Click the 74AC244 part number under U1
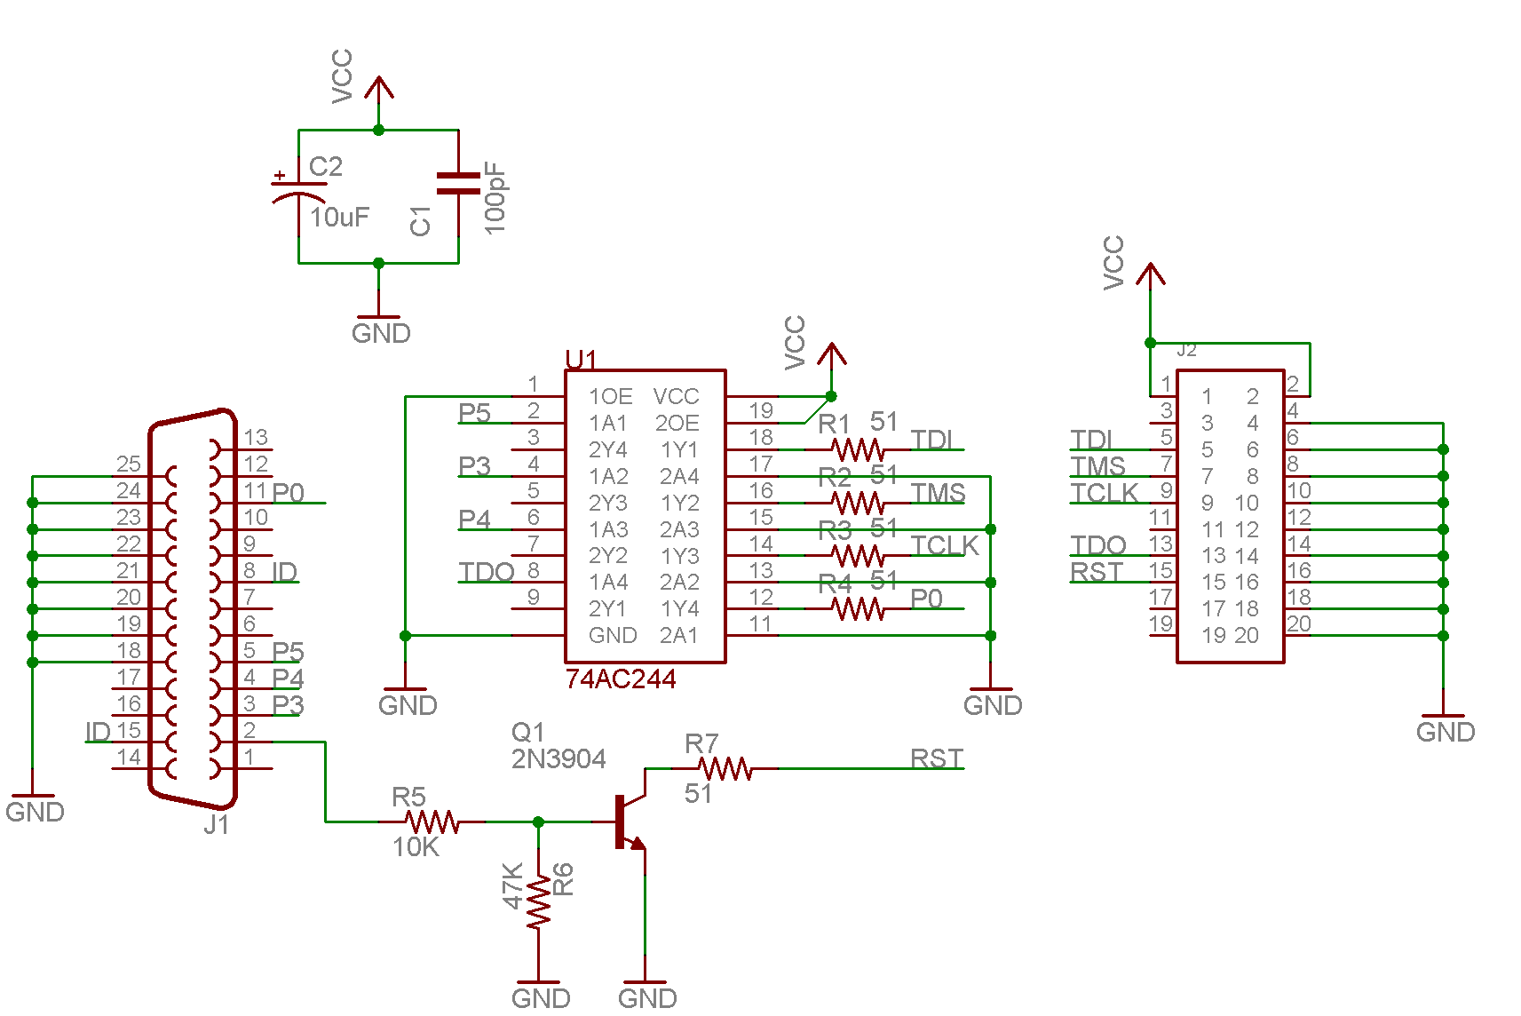point(621,679)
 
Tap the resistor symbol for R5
point(432,822)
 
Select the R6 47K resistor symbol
point(538,902)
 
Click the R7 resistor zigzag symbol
point(725,769)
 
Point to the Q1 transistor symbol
point(631,822)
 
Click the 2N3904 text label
point(558,758)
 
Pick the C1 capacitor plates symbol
point(458,183)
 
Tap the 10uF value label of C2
point(339,218)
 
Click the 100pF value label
point(495,198)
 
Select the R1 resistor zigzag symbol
point(858,449)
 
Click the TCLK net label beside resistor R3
point(945,545)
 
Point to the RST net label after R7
point(937,758)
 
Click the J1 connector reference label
point(217,824)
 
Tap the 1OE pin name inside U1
point(610,396)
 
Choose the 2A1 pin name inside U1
point(679,635)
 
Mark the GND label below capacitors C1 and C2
point(381,333)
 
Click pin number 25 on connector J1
point(129,464)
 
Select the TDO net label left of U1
point(487,572)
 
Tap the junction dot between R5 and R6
point(538,822)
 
